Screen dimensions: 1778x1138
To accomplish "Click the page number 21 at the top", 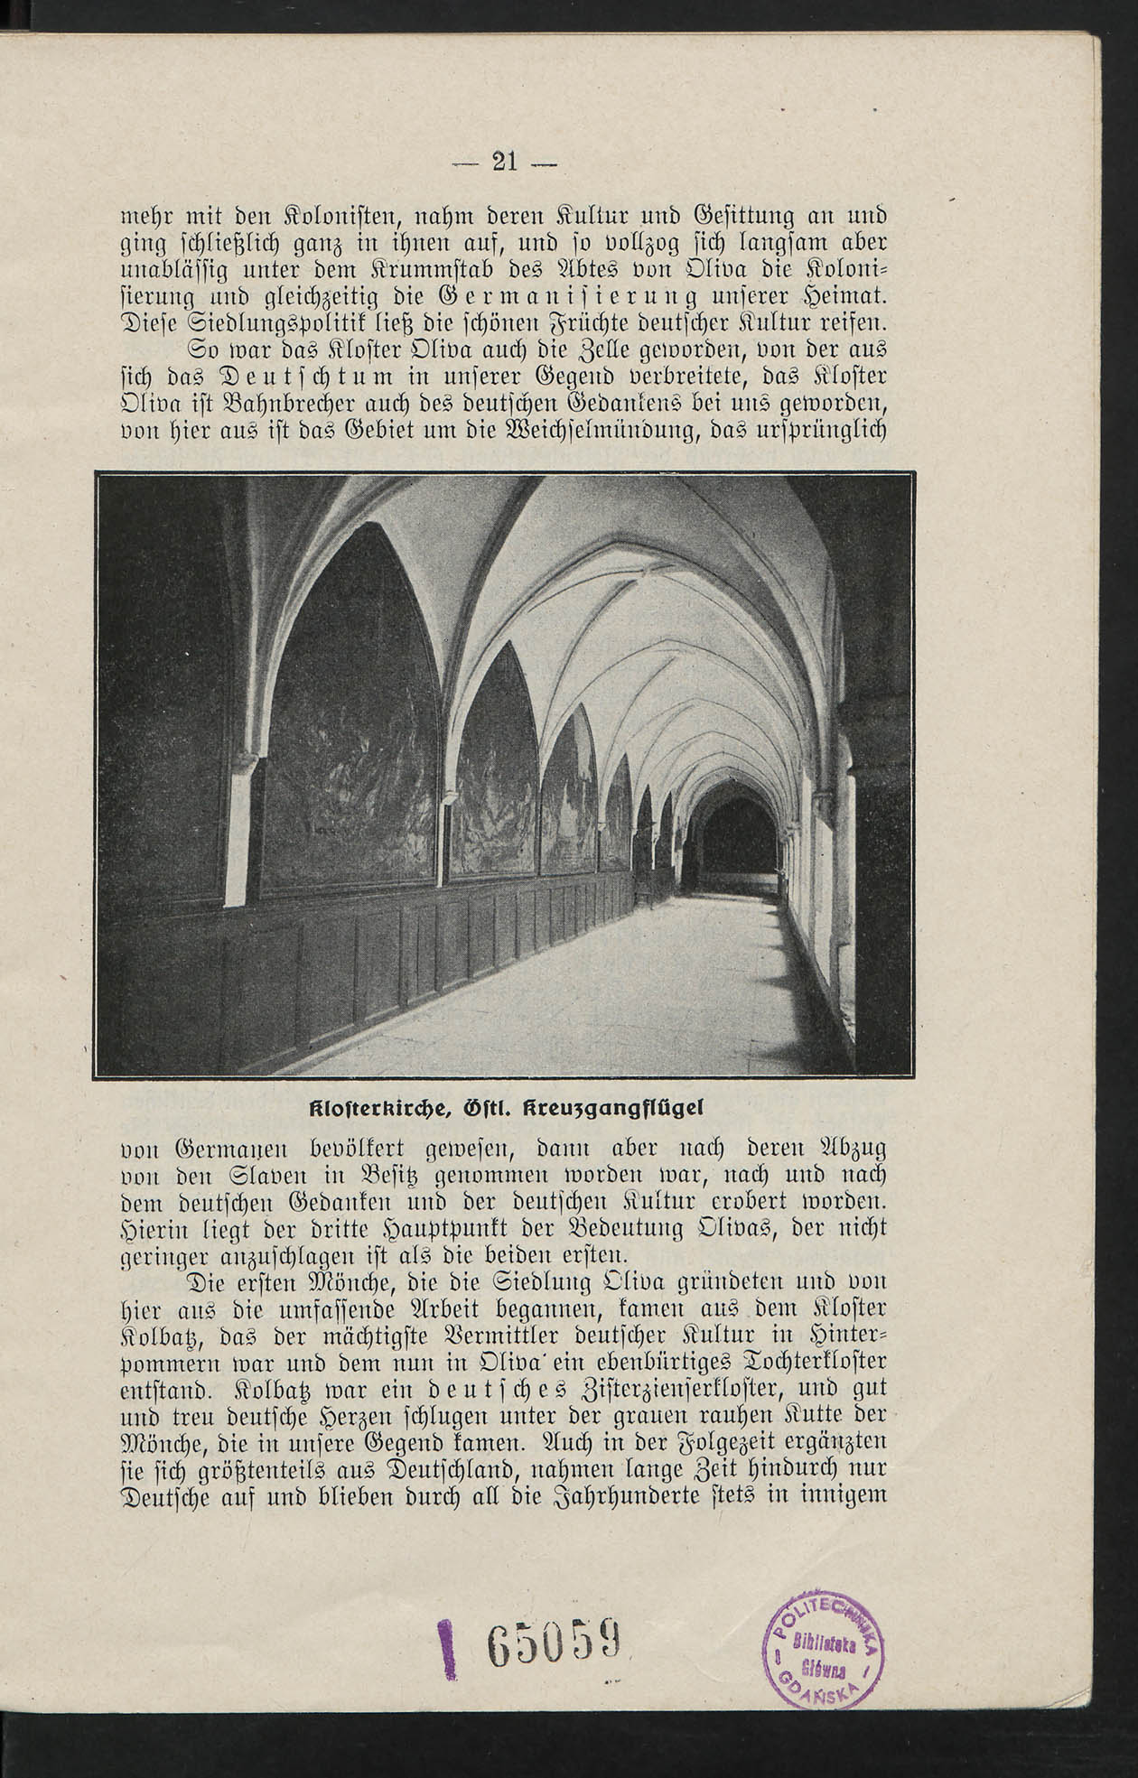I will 504,162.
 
